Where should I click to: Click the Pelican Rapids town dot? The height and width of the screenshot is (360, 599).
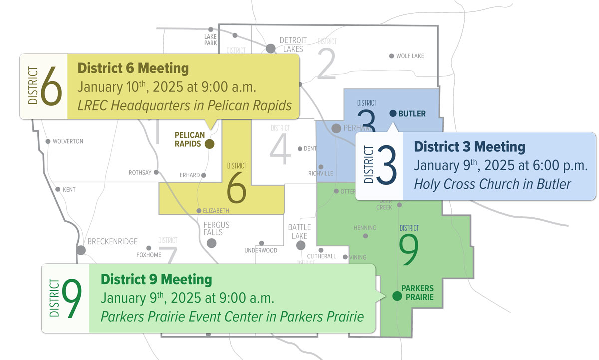[209, 144]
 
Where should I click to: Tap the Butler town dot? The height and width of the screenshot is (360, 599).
[392, 113]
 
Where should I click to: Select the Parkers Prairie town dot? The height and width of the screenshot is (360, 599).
[397, 296]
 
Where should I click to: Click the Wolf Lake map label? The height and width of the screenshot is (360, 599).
[410, 56]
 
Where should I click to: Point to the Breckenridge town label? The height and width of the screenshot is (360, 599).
[112, 242]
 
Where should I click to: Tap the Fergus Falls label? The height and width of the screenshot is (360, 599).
[216, 229]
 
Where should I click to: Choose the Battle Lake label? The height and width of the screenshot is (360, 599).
[299, 231]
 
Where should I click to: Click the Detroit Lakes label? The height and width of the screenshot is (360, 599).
[291, 44]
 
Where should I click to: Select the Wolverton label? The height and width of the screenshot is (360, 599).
[68, 141]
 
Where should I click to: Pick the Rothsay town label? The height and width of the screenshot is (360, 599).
[140, 173]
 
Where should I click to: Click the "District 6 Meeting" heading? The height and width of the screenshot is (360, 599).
[133, 68]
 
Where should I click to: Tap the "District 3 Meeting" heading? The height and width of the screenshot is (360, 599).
[469, 147]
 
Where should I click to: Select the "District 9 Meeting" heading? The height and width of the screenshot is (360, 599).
[156, 279]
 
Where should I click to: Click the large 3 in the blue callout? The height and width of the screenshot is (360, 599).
[386, 166]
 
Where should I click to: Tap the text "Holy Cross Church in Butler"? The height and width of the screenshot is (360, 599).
[492, 184]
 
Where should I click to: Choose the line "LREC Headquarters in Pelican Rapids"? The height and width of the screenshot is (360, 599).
[184, 105]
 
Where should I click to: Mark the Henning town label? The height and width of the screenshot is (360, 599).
[365, 228]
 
